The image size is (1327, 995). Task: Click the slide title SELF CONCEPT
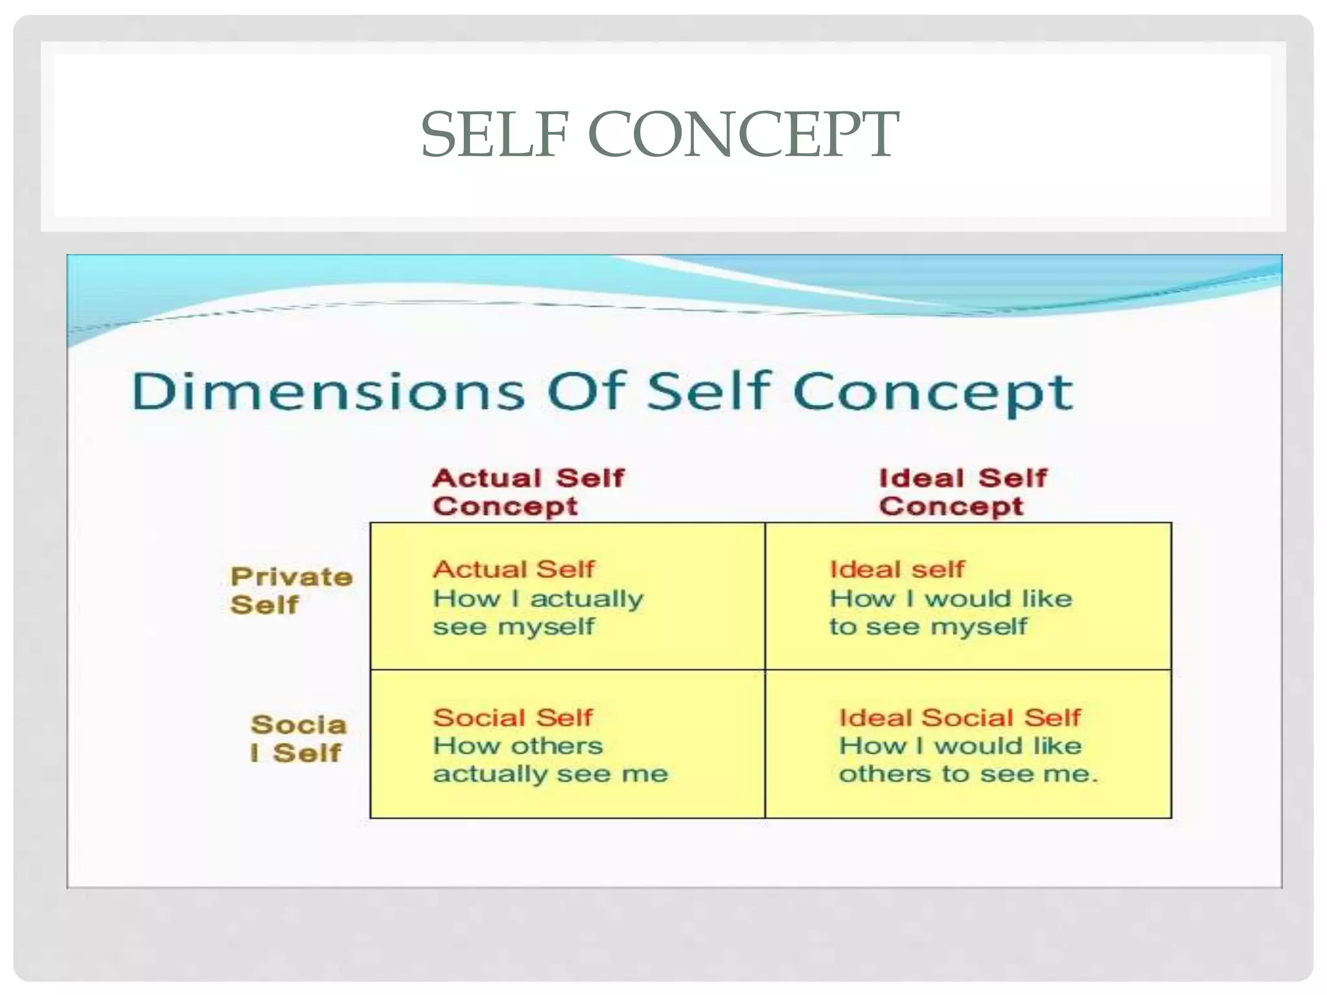click(x=660, y=135)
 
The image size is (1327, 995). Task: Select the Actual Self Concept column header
click(x=528, y=492)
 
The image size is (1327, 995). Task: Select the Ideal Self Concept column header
click(x=962, y=492)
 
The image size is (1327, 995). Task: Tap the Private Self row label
click(x=292, y=590)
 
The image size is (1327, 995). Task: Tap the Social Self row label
click(x=298, y=738)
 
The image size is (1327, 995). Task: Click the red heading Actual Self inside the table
click(x=513, y=569)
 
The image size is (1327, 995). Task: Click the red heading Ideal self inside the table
click(x=897, y=569)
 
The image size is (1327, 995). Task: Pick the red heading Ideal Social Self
click(x=960, y=717)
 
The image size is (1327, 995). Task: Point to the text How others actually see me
click(x=550, y=760)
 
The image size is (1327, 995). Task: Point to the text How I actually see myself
click(x=538, y=612)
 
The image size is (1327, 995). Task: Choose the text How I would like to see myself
click(x=951, y=612)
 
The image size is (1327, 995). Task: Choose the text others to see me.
click(x=968, y=774)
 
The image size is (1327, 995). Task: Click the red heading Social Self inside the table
click(x=513, y=717)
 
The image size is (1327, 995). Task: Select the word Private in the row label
click(x=292, y=576)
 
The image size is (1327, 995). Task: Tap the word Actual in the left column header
click(x=487, y=478)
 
